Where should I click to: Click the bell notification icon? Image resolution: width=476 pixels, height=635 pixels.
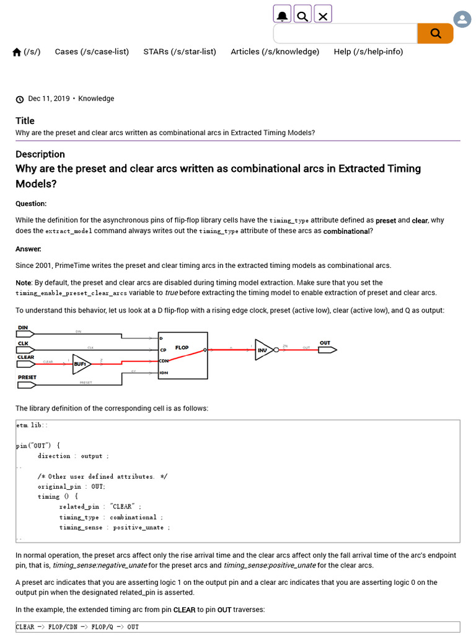point(282,15)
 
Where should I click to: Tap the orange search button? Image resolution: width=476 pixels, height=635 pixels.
point(435,33)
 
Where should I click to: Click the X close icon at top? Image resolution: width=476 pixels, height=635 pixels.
point(323,15)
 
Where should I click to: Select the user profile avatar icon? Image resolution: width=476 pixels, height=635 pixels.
point(462,19)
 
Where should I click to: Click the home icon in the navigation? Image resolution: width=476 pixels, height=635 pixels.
point(17,52)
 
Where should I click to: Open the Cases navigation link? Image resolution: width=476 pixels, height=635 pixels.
point(92,52)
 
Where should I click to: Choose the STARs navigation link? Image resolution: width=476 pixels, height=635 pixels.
point(180,52)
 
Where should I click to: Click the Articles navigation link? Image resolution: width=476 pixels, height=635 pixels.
point(275,52)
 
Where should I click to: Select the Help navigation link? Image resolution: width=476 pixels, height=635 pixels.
point(368,52)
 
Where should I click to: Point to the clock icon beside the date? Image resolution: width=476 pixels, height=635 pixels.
point(20,99)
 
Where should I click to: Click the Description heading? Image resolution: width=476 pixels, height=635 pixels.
point(40,154)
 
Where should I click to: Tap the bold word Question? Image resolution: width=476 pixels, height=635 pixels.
point(31,203)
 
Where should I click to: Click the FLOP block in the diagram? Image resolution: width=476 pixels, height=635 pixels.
point(183,355)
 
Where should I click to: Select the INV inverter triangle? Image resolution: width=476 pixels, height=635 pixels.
point(264,350)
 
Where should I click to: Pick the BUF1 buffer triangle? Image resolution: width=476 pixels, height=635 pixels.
point(81,364)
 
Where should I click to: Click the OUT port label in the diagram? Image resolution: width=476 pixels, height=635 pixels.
point(325,342)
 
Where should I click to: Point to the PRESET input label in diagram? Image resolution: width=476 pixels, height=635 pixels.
point(27,377)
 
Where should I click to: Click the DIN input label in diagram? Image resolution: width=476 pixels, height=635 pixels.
point(23,327)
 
